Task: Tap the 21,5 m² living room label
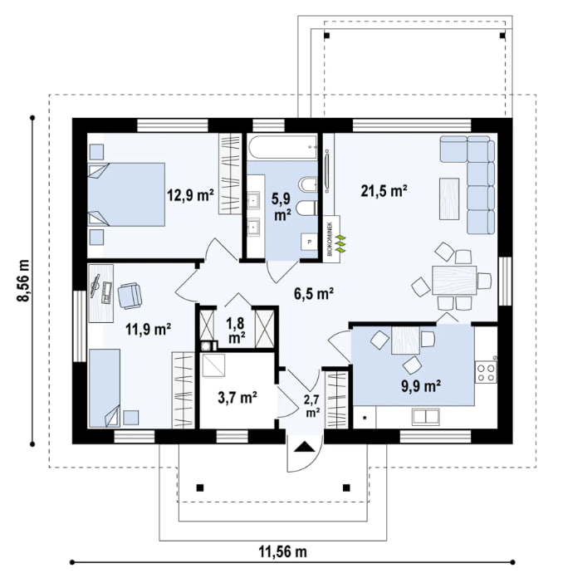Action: click(x=384, y=191)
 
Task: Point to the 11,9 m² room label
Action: click(x=148, y=328)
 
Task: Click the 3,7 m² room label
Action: click(x=237, y=398)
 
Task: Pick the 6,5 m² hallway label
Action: click(x=313, y=292)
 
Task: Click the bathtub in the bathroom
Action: click(x=282, y=149)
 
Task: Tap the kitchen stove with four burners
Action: click(x=486, y=370)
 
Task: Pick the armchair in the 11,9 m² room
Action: click(x=130, y=295)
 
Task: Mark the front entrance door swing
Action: click(x=304, y=453)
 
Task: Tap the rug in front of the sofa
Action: click(x=449, y=198)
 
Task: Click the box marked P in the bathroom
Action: click(x=310, y=242)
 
